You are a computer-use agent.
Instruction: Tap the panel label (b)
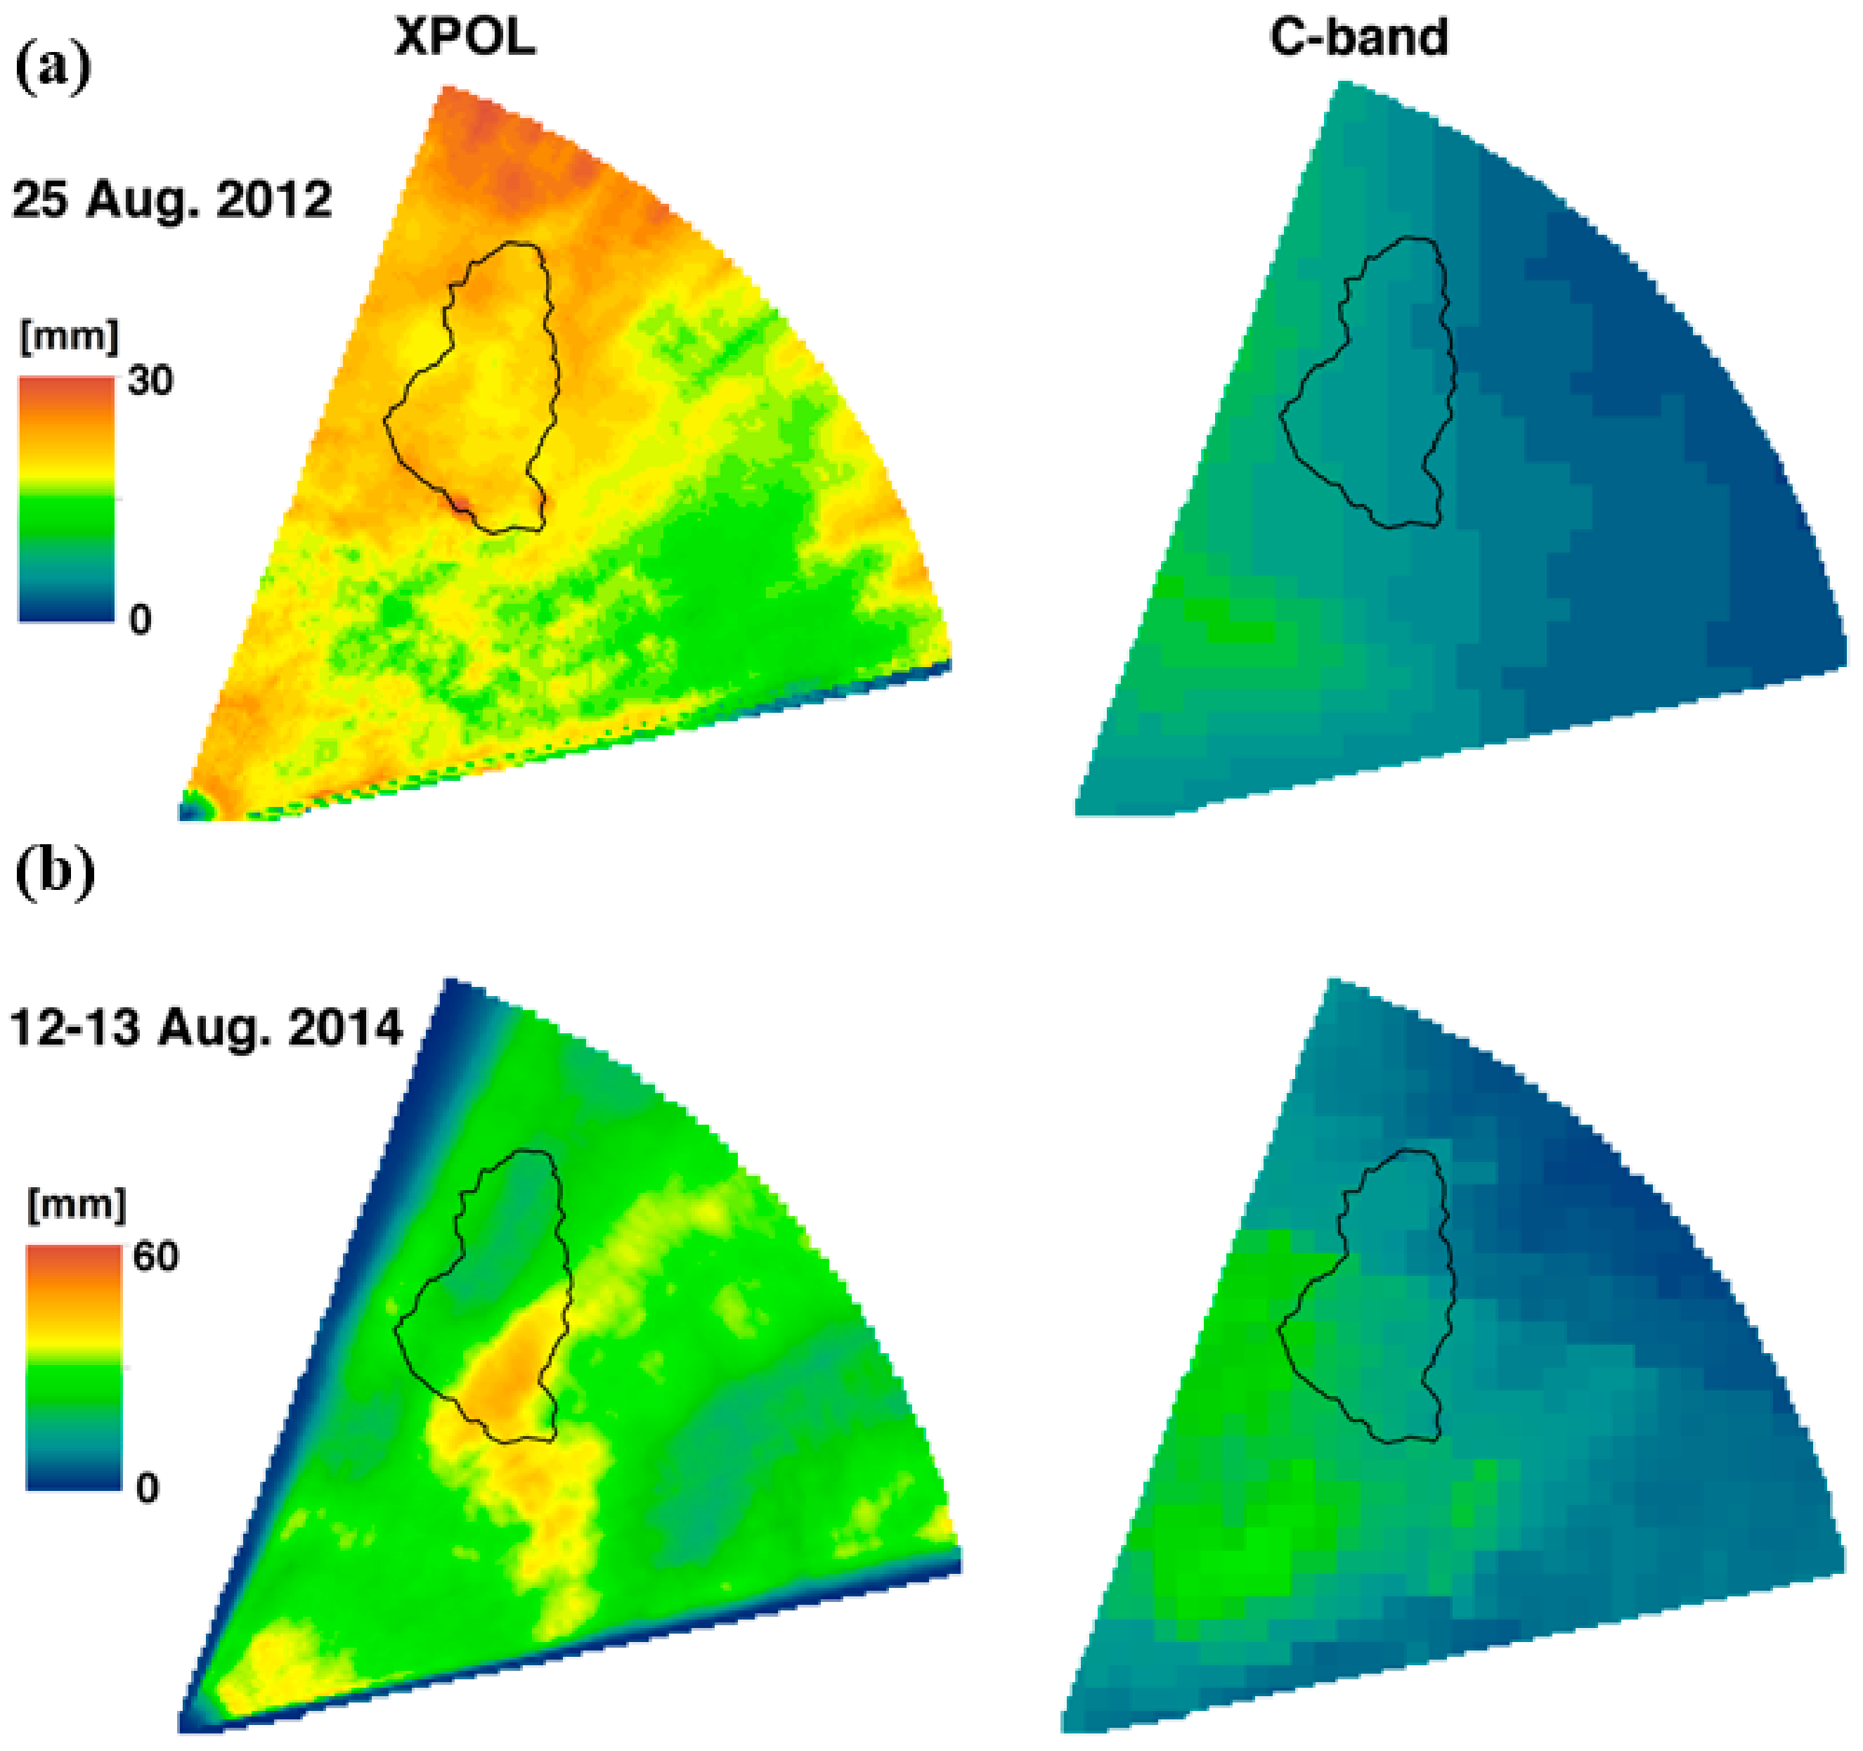pos(56,871)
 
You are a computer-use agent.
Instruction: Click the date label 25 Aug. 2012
pos(171,200)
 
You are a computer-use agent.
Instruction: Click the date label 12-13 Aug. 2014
pos(206,1028)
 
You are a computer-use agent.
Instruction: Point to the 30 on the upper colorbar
pos(150,380)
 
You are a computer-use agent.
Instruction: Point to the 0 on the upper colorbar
pos(140,619)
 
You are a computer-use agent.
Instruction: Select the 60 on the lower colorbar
pos(155,1256)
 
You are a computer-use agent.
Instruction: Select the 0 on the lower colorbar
pos(147,1489)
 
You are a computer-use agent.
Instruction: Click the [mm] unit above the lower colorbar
pos(76,1205)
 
